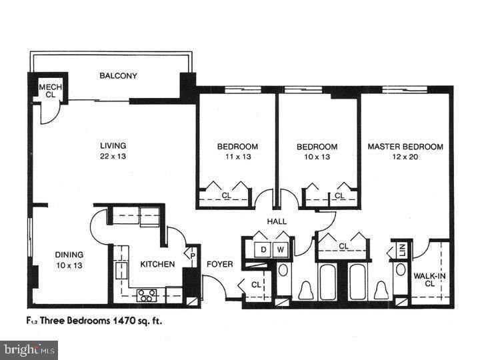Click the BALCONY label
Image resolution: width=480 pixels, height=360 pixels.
pyautogui.click(x=118, y=76)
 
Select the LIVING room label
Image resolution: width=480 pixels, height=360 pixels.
pyautogui.click(x=113, y=145)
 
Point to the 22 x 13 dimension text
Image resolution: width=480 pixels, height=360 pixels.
pyautogui.click(x=113, y=157)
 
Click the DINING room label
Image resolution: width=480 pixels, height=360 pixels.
pyautogui.click(x=69, y=254)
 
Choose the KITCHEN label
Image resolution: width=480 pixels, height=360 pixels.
pyautogui.click(x=157, y=264)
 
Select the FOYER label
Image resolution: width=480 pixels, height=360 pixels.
pyautogui.click(x=219, y=264)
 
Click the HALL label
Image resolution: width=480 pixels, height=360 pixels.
pyautogui.click(x=277, y=221)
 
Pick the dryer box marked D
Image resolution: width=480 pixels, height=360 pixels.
pyautogui.click(x=263, y=250)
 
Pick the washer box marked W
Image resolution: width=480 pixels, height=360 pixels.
pyautogui.click(x=281, y=250)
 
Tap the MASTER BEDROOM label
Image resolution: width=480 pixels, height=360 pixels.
pyautogui.click(x=405, y=146)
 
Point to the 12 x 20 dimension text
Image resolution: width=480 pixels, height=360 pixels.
pyautogui.click(x=405, y=157)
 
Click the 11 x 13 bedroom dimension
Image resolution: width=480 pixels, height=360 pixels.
pyautogui.click(x=237, y=157)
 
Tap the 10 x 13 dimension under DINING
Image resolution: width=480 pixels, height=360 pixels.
pyautogui.click(x=69, y=265)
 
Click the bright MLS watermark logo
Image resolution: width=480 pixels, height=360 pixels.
pyautogui.click(x=29, y=349)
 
